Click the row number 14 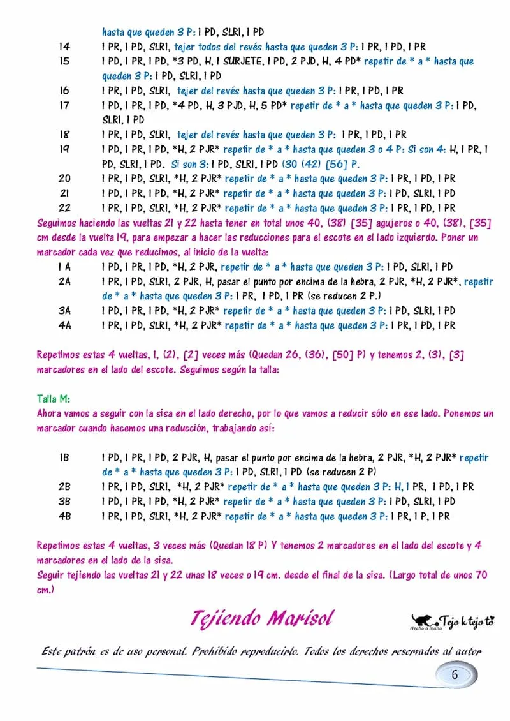64,47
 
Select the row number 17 64,105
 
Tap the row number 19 64,149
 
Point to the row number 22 64,208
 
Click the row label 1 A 64,267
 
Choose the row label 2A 64,281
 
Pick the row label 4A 64,325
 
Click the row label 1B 64,457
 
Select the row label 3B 64,502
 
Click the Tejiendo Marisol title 261,618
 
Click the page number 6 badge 455,675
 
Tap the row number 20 64,179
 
